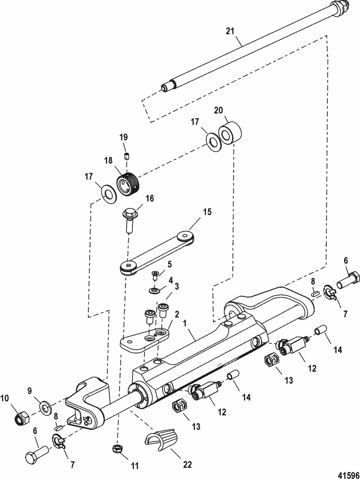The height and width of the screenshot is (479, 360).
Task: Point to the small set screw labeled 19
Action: (127, 156)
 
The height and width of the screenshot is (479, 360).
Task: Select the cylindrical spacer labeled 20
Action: (230, 132)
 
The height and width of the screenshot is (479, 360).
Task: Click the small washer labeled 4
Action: (155, 290)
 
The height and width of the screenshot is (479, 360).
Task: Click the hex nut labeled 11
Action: (116, 448)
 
